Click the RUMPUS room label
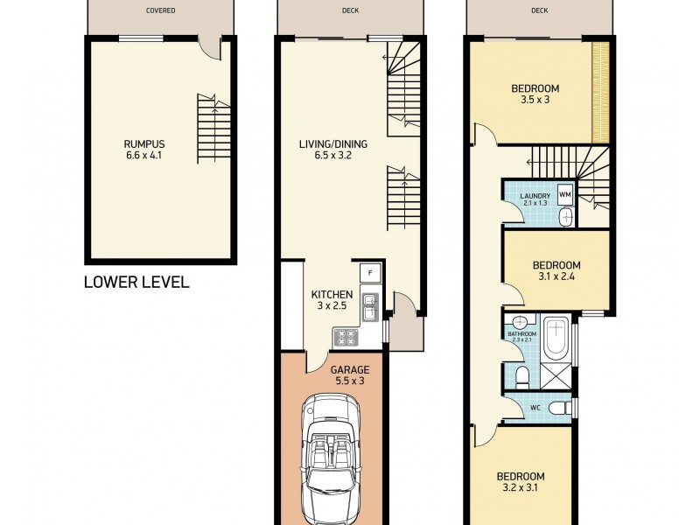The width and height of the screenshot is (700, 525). (x=144, y=144)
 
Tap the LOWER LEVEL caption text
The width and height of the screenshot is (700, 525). (x=136, y=283)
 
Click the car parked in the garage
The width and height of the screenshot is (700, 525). (x=331, y=455)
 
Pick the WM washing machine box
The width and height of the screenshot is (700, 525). (x=565, y=193)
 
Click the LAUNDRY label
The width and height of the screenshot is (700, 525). (x=533, y=196)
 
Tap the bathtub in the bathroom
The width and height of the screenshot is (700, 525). (x=556, y=339)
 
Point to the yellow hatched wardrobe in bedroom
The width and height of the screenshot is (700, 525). (x=599, y=92)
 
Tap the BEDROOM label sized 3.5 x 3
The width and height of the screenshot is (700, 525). (x=535, y=88)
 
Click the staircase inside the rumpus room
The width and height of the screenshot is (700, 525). (x=213, y=122)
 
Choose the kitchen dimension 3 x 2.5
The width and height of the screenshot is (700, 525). (x=332, y=307)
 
